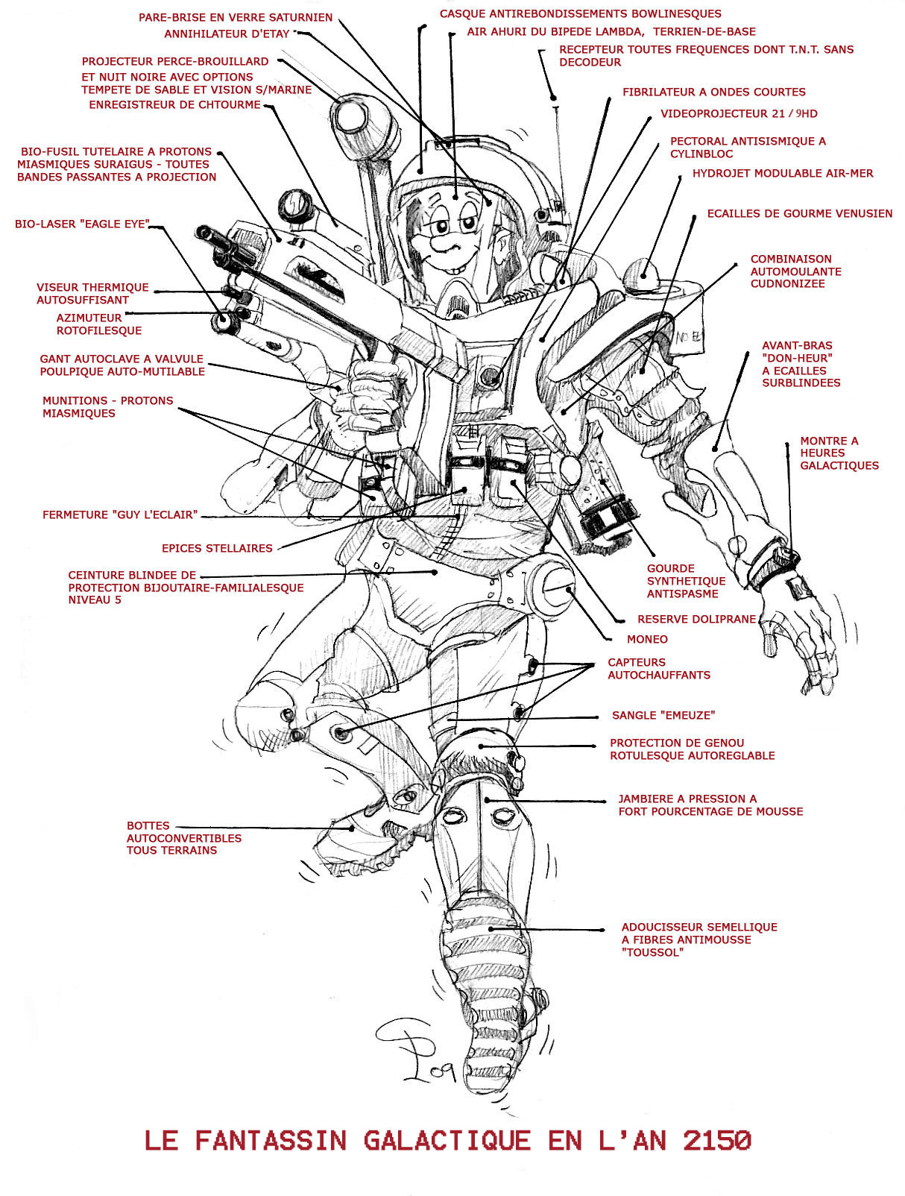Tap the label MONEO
[x=647, y=639]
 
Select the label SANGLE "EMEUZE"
[x=663, y=715]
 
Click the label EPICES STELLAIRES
[x=217, y=548]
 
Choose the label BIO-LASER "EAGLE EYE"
[x=82, y=224]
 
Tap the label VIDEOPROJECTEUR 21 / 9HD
[x=739, y=114]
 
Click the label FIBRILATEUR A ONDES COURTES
[x=713, y=92]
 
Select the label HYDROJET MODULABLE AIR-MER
[x=782, y=173]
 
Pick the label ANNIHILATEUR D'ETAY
[x=227, y=34]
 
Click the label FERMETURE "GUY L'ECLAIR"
[x=120, y=514]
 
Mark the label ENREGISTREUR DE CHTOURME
[x=174, y=105]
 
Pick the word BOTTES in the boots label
[x=148, y=825]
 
